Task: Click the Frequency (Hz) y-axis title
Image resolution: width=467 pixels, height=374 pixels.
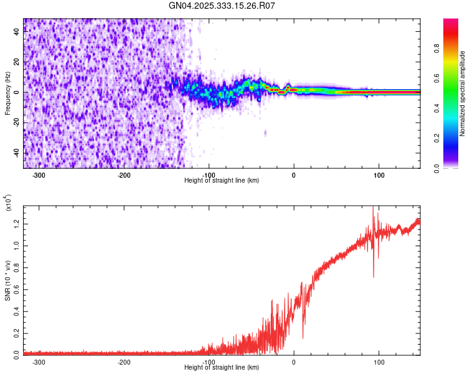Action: click(x=7, y=94)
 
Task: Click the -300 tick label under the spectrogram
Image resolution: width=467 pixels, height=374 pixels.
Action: click(x=39, y=175)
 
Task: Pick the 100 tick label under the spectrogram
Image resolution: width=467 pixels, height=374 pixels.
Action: click(x=379, y=175)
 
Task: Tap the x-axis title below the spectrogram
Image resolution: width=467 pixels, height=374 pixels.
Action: click(x=222, y=181)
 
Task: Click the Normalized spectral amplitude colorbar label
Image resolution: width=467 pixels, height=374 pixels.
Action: click(x=463, y=94)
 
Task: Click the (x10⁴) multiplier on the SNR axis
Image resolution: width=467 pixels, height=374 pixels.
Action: click(x=9, y=203)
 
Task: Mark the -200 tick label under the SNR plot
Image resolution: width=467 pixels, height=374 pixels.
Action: click(x=124, y=362)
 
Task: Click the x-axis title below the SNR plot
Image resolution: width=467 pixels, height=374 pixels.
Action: click(x=222, y=368)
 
